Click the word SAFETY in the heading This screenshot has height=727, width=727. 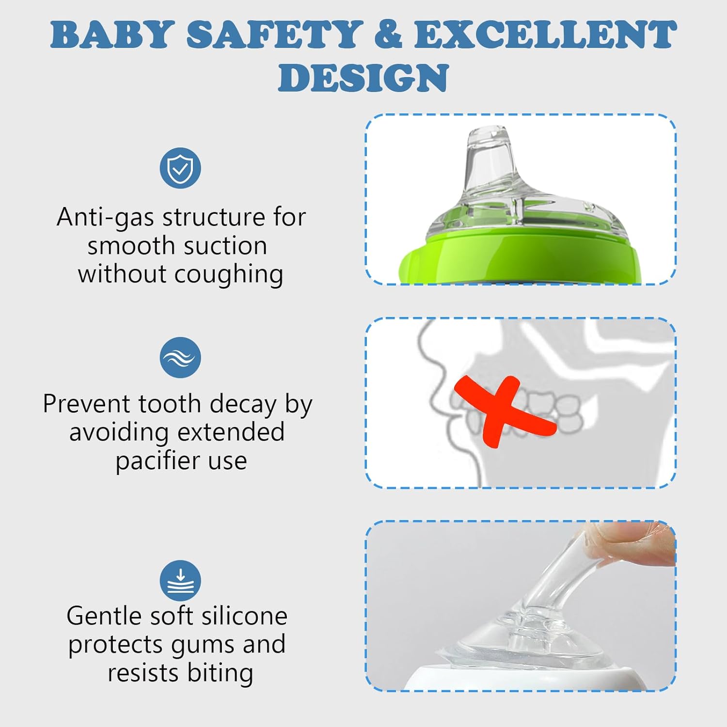tap(275, 35)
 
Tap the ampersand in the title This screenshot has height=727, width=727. tap(388, 35)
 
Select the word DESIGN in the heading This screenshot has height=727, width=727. tap(363, 78)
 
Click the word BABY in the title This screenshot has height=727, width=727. tap(112, 35)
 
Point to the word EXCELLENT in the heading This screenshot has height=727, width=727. tap(545, 35)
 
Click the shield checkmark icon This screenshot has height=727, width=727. tap(180, 168)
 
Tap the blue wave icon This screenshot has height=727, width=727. tap(180, 358)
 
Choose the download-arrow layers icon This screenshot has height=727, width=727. tap(180, 581)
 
